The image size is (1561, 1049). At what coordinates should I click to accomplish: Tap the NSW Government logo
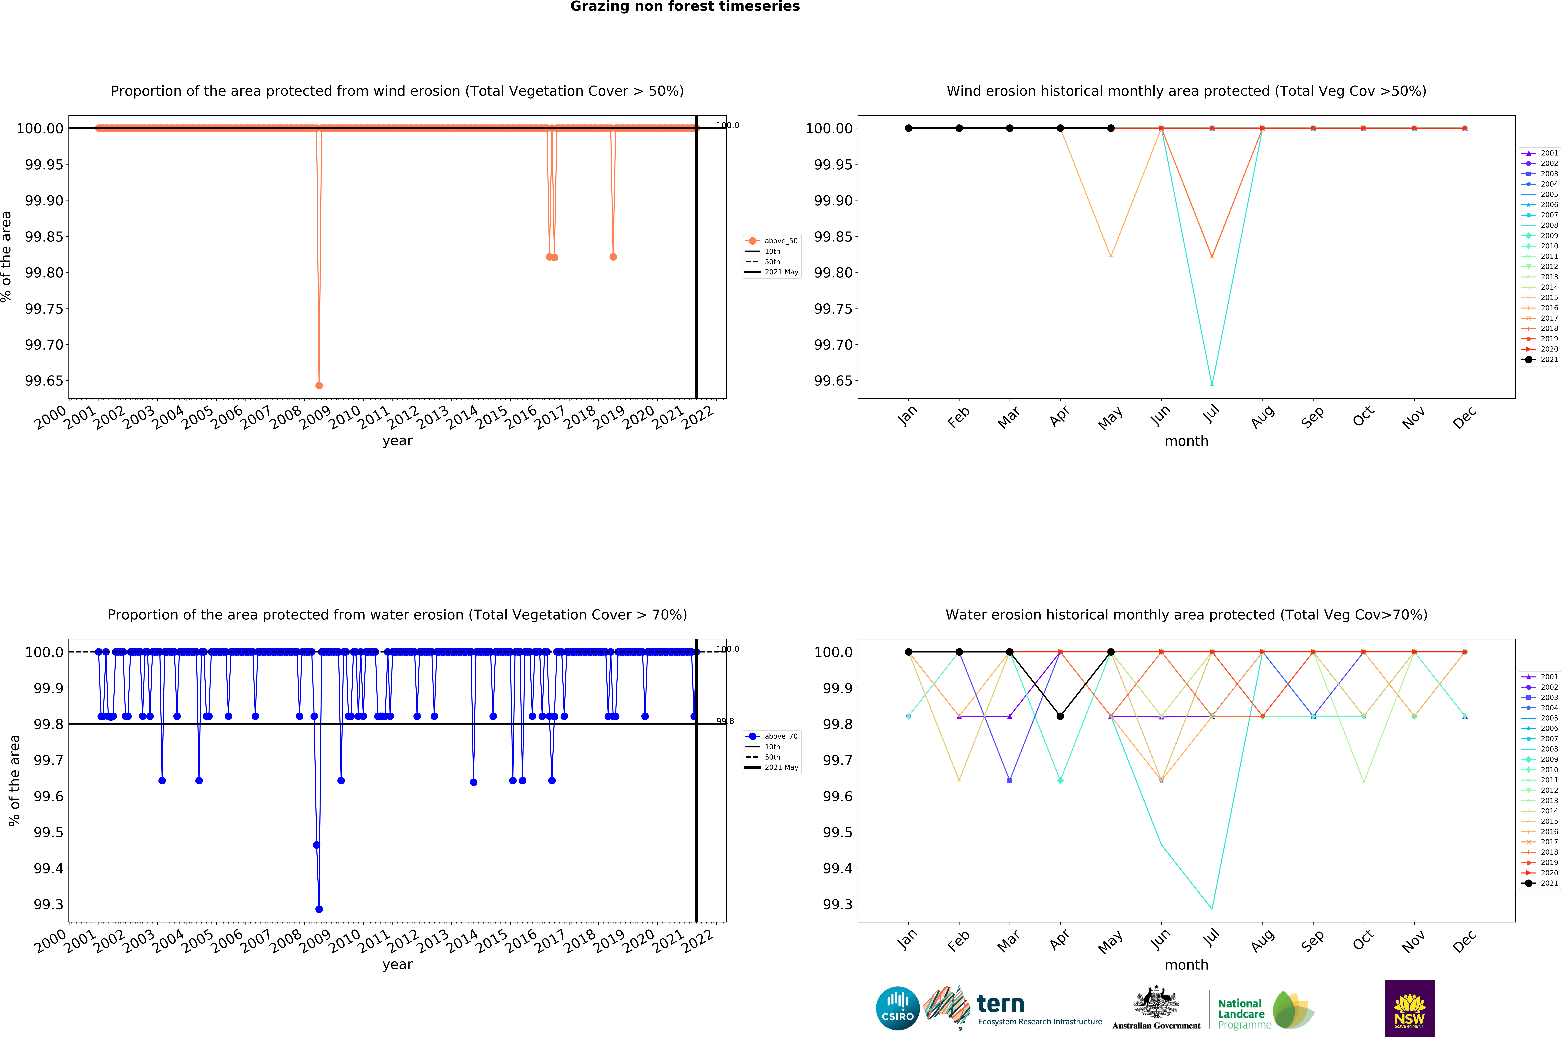[x=1409, y=1008]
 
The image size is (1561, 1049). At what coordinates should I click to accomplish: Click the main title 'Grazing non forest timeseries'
[x=684, y=7]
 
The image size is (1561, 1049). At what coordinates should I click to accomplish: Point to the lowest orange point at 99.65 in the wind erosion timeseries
[x=319, y=385]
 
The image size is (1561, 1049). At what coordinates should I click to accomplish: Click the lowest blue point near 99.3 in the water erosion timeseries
[x=319, y=909]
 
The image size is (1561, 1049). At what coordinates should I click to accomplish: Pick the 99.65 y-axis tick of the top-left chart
[x=44, y=381]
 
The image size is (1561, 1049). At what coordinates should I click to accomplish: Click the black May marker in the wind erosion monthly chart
[x=1111, y=128]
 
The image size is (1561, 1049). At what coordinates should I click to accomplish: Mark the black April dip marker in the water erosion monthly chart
[x=1060, y=716]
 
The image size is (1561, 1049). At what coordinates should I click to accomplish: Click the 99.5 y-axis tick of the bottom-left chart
[x=49, y=832]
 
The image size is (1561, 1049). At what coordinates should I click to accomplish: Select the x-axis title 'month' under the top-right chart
[x=1186, y=441]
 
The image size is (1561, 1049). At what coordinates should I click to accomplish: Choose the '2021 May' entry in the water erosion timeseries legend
[x=781, y=767]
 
